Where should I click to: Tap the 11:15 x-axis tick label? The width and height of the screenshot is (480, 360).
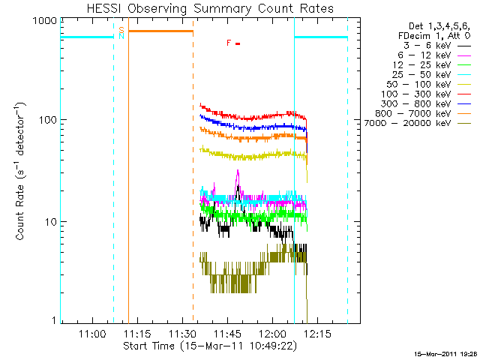136,334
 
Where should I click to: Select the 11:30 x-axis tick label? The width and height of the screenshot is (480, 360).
181,334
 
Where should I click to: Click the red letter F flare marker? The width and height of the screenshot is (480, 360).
229,43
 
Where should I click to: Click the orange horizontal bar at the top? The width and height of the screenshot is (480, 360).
160,31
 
